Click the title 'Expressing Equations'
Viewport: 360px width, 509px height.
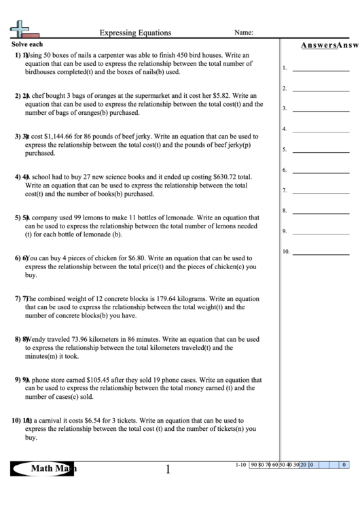136,33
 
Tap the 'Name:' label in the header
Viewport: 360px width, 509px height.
244,32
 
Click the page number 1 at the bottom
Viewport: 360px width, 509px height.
167,469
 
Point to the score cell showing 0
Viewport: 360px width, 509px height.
344,465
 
